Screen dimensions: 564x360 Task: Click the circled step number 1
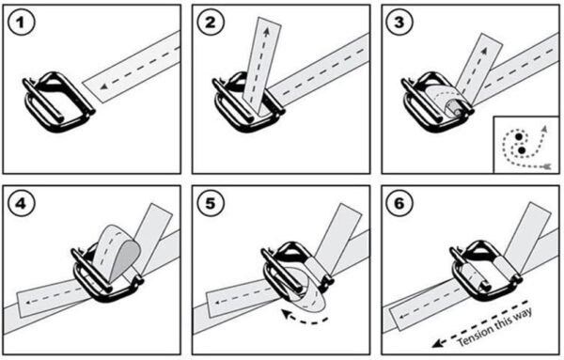pos(21,23)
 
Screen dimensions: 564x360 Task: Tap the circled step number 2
pos(211,23)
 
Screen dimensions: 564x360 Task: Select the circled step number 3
pos(399,23)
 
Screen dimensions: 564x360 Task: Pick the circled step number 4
pos(21,204)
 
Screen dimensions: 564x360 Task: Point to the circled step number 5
pos(211,204)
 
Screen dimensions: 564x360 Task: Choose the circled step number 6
pos(399,204)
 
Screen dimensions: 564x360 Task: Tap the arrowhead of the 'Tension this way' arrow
pos(437,343)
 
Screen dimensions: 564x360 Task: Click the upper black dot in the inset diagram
pos(519,136)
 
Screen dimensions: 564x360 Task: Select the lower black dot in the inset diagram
pos(522,150)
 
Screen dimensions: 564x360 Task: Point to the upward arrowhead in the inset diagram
pos(545,129)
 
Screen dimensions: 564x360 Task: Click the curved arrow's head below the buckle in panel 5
pos(287,314)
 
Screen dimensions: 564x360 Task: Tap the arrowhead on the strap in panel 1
pos(104,86)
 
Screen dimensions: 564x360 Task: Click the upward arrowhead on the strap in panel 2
pos(266,32)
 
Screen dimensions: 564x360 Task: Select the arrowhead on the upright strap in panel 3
pos(484,51)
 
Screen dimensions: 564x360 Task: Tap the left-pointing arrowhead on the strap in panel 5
pos(217,303)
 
